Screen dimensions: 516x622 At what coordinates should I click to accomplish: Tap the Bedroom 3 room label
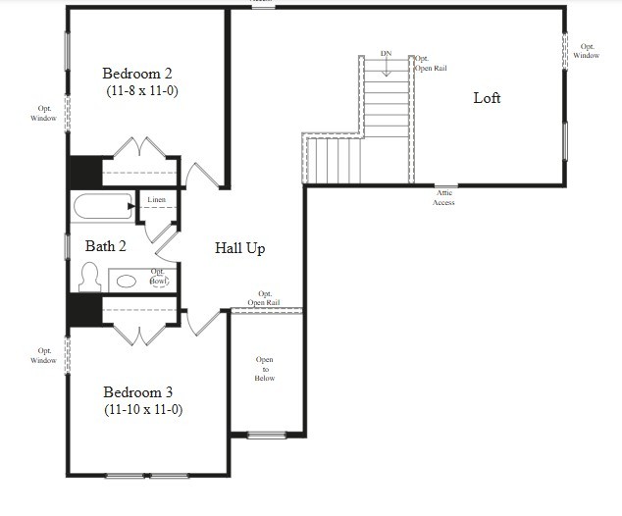[x=143, y=391]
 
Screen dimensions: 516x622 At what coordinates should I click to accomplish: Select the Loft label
[x=487, y=98]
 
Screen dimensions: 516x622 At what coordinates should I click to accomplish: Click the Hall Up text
[x=240, y=248]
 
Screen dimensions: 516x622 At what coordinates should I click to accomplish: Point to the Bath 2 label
[x=105, y=246]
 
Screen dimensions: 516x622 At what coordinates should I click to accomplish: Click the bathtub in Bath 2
[x=102, y=208]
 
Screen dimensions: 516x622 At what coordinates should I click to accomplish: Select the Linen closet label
[x=157, y=200]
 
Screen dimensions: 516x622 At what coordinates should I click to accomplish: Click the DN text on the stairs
[x=387, y=53]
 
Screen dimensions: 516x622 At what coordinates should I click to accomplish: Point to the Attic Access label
[x=443, y=197]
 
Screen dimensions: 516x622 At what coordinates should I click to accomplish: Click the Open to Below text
[x=265, y=368]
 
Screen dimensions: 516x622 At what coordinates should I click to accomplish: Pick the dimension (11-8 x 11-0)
[x=142, y=90]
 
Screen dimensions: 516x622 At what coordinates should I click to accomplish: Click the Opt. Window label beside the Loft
[x=587, y=51]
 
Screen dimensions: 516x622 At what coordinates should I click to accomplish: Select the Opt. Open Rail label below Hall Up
[x=265, y=298]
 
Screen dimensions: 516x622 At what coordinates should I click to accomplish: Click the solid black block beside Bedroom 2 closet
[x=83, y=172]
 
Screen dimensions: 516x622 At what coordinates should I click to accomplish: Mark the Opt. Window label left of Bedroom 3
[x=45, y=355]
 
